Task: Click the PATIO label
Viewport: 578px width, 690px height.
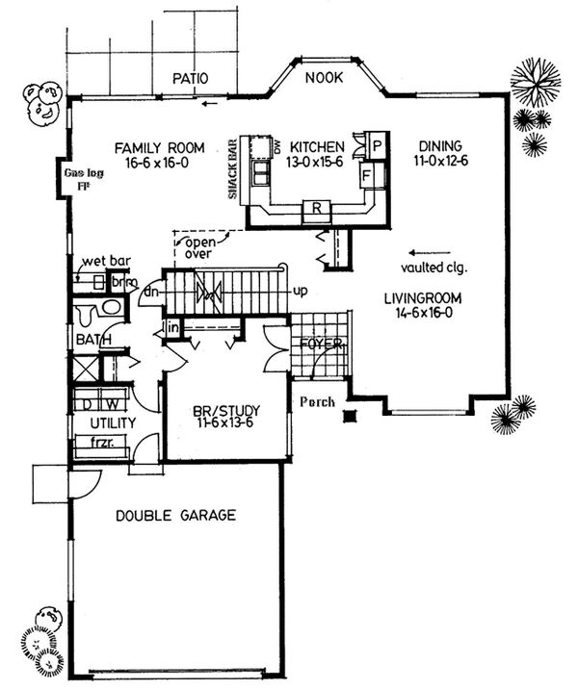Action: (x=191, y=77)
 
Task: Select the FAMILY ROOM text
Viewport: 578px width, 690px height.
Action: (x=159, y=147)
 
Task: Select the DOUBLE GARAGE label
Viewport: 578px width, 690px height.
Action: (x=174, y=515)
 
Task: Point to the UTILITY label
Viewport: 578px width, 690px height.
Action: (x=112, y=422)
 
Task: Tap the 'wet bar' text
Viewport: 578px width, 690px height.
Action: (x=106, y=261)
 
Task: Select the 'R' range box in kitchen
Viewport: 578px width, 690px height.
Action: (x=315, y=208)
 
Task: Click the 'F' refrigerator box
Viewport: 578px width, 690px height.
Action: (x=366, y=176)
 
